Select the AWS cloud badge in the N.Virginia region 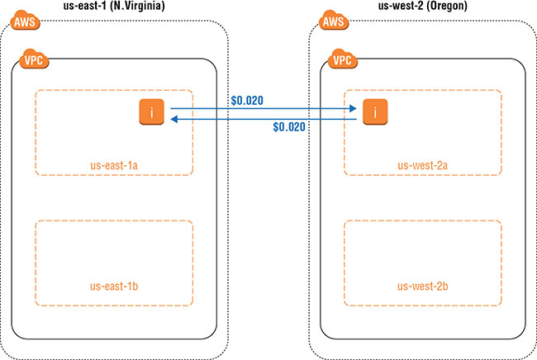(x=20, y=21)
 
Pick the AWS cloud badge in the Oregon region (x=332, y=21)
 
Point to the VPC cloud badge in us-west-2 (x=343, y=60)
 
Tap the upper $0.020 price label (x=247, y=101)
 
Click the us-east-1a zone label (x=113, y=165)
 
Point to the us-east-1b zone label (x=113, y=287)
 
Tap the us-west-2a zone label (x=422, y=165)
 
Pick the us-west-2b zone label (x=422, y=287)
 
